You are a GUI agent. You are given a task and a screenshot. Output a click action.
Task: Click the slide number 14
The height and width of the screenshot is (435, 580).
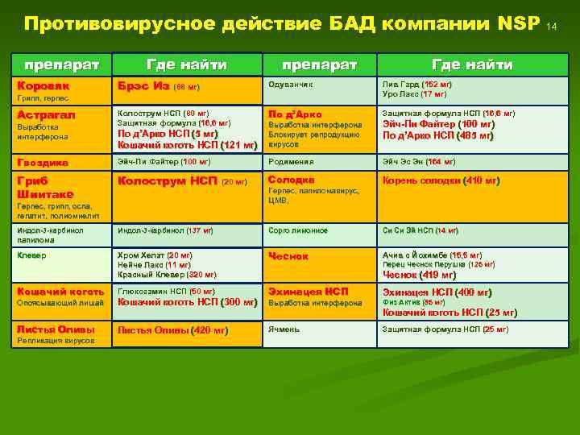tap(552, 27)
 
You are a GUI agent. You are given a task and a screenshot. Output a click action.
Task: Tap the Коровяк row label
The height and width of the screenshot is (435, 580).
tap(43, 85)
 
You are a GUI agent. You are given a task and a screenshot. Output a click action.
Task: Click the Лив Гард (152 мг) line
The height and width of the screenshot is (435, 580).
tap(417, 84)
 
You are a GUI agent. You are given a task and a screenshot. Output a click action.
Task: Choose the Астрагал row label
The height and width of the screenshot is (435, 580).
tap(47, 115)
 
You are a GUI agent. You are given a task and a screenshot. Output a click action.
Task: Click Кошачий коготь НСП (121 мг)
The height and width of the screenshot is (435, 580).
tap(187, 145)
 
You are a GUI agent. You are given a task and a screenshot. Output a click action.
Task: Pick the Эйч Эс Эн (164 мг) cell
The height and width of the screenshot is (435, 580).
tap(419, 161)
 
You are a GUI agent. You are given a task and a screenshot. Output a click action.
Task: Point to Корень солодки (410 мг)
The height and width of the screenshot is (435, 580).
tap(441, 180)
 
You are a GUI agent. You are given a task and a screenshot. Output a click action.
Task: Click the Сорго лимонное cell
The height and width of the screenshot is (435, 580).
tap(298, 230)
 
